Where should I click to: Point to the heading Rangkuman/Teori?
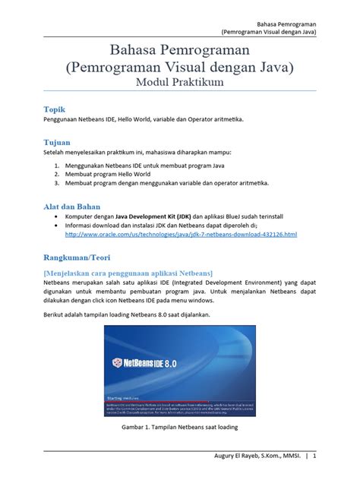click(x=81, y=254)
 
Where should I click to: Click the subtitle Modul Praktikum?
click(x=179, y=82)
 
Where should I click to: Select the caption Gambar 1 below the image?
click(x=180, y=428)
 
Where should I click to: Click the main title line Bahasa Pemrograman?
click(x=179, y=49)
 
